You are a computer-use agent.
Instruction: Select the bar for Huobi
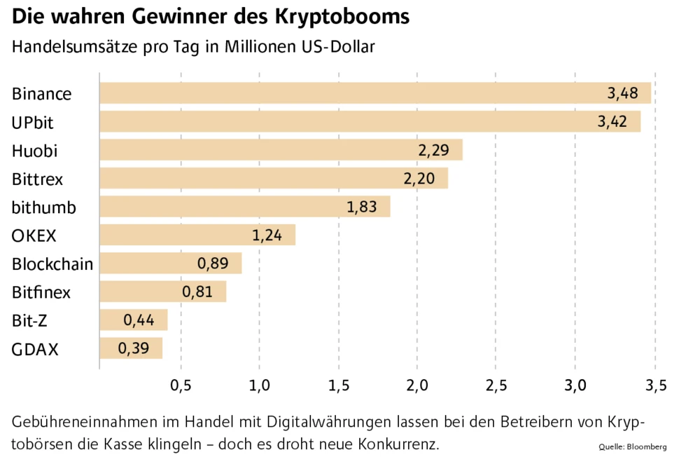pos(280,150)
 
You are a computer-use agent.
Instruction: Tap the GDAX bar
pos(131,348)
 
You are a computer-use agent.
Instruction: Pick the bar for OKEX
pos(197,235)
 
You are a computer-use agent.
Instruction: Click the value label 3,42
pos(613,122)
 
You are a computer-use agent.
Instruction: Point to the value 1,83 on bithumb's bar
pos(363,207)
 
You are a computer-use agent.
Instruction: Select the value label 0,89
pos(213,264)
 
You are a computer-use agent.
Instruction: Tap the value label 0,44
pos(139,320)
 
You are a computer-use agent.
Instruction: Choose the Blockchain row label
pos(52,264)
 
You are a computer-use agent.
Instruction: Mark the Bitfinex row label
pos(41,292)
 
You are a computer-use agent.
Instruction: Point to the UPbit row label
pos(33,122)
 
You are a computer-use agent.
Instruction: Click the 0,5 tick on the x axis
pos(181,385)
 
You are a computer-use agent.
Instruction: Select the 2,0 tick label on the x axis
pos(417,385)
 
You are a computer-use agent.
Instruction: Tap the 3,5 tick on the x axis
pos(655,385)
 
